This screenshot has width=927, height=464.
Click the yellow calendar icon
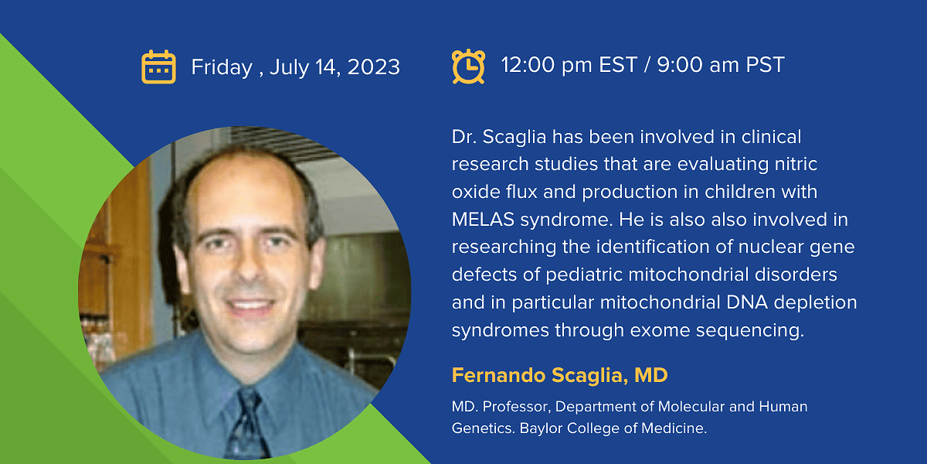click(158, 67)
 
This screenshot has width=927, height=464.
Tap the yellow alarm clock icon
click(468, 67)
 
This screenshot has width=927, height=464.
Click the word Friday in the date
click(222, 67)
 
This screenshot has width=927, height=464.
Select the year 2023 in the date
click(374, 67)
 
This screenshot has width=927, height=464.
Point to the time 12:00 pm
click(546, 65)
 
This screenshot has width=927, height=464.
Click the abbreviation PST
click(765, 65)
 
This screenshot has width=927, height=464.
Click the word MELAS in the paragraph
click(483, 220)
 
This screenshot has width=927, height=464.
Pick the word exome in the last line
click(660, 331)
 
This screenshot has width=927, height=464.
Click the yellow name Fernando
click(499, 375)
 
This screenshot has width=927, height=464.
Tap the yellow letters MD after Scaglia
click(651, 375)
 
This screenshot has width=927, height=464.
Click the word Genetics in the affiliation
click(483, 428)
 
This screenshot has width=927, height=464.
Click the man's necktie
click(247, 424)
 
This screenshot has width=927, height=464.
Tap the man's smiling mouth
click(250, 305)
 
